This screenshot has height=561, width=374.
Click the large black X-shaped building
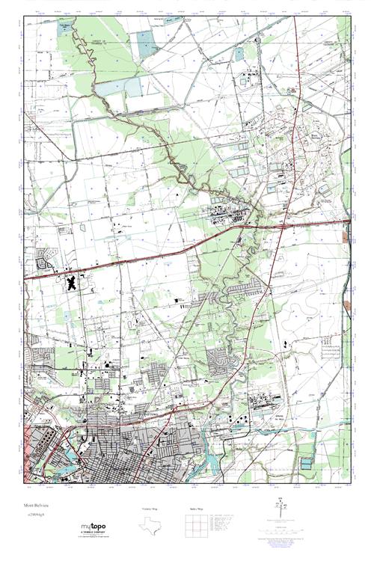pyautogui.click(x=73, y=283)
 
